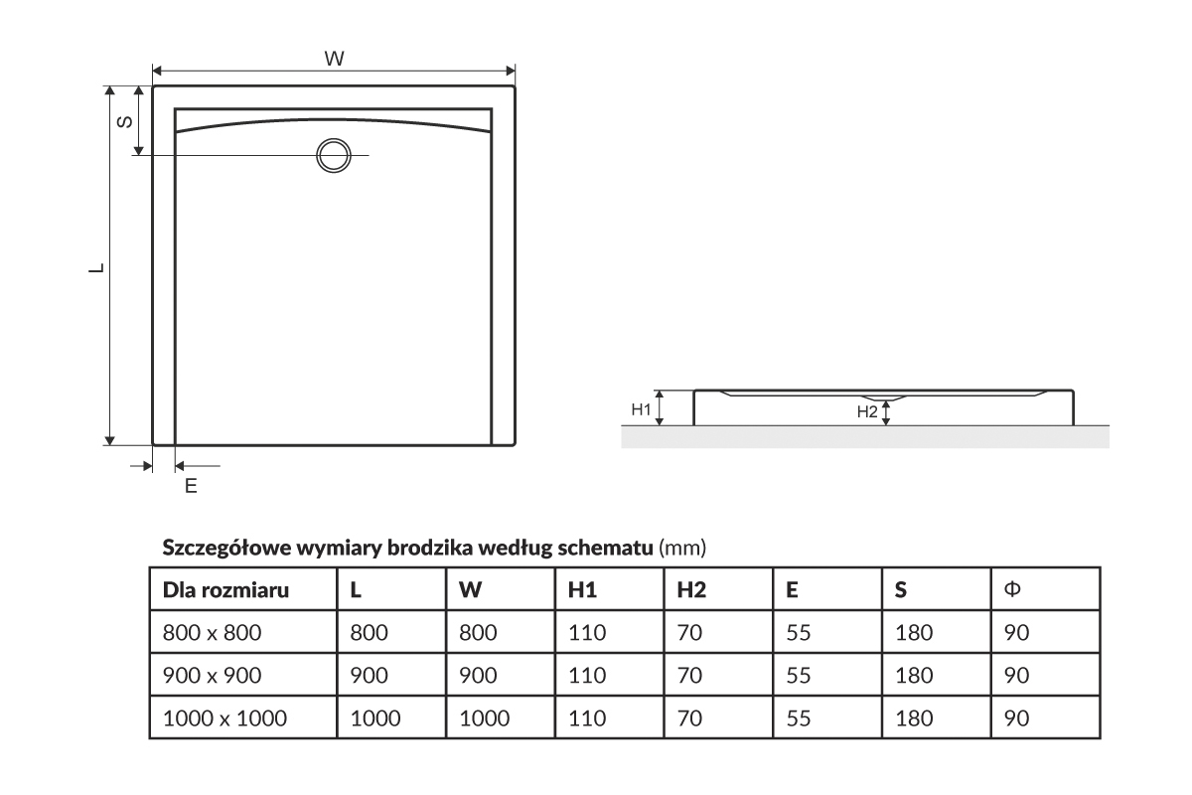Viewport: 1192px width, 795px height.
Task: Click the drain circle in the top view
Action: (x=333, y=156)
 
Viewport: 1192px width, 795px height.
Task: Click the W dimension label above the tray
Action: (x=335, y=59)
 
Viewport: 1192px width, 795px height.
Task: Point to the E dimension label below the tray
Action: (x=191, y=486)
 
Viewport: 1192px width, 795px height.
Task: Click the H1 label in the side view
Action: (x=642, y=408)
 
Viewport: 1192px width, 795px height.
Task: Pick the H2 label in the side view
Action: (x=867, y=411)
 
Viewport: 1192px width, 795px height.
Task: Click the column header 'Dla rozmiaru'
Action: (x=225, y=590)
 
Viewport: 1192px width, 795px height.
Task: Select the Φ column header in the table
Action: (x=1013, y=589)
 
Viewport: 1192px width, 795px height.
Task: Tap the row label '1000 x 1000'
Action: (x=224, y=718)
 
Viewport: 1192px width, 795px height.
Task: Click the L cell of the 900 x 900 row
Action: (x=369, y=675)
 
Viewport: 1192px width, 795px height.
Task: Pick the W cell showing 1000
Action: (x=484, y=718)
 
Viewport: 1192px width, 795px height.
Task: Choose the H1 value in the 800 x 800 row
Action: (x=587, y=632)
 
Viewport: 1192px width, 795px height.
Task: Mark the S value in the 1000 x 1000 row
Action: (x=914, y=718)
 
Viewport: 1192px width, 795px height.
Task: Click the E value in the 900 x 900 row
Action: (x=799, y=675)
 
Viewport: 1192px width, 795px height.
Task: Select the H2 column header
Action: (x=691, y=590)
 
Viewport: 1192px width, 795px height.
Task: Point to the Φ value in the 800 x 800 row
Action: (x=1015, y=632)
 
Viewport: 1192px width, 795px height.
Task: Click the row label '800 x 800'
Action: (x=211, y=632)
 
